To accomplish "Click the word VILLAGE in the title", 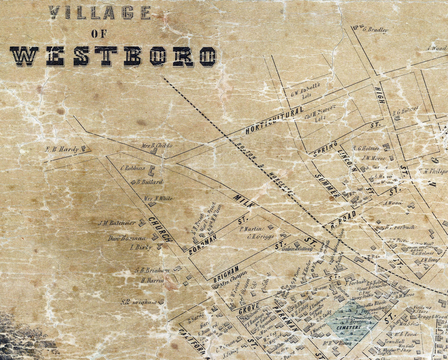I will [x=99, y=13].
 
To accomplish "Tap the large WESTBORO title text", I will [x=113, y=56].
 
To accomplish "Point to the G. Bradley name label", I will [x=375, y=30].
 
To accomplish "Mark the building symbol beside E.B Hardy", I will [x=84, y=148].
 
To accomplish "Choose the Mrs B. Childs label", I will [x=156, y=145].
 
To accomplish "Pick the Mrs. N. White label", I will [x=158, y=198].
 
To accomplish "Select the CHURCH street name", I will [x=161, y=229].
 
